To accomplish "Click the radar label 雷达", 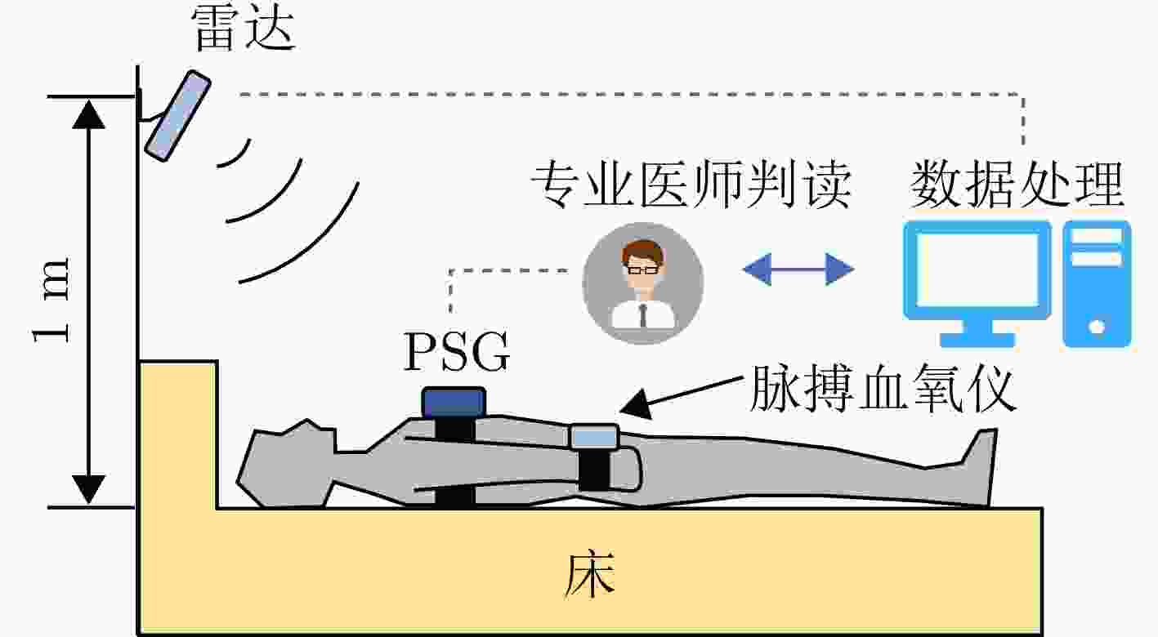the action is tap(243, 29).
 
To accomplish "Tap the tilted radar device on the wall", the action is tap(177, 116).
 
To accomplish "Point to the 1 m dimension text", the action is tap(50, 300).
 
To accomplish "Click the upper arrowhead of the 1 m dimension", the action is tap(88, 114).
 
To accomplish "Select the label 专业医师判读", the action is tap(691, 185).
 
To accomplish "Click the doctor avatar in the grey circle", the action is tap(642, 283).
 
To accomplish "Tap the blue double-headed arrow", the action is tap(798, 269).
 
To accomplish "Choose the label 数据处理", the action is tap(1017, 184).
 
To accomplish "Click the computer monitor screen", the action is tap(977, 269).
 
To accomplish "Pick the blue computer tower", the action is tap(1097, 283).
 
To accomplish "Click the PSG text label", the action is tap(457, 352).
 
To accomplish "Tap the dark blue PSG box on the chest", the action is tap(454, 403).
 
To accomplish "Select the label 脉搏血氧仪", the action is tap(883, 388).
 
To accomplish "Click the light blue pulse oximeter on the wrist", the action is tap(594, 437).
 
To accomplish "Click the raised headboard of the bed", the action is tap(177, 434).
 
